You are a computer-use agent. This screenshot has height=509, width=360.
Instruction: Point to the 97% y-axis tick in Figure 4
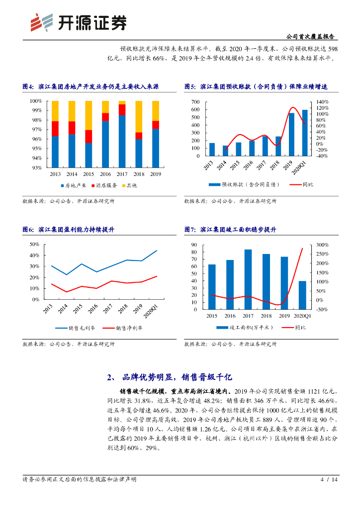tap(36, 130)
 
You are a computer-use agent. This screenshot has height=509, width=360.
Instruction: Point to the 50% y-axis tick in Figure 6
tap(34, 245)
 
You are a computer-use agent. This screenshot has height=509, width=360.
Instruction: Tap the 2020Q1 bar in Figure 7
tap(302, 295)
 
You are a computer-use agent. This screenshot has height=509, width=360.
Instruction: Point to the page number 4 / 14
tap(329, 480)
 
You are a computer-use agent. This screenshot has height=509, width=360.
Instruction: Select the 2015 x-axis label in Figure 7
tap(212, 316)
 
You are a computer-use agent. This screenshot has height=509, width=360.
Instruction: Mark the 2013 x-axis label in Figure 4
tap(55, 174)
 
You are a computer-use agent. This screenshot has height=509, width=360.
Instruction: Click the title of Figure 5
tap(256, 86)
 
